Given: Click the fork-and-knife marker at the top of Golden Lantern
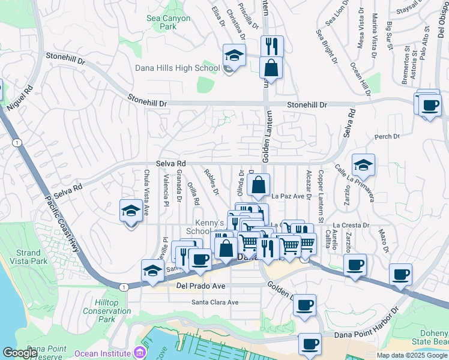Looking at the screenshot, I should pyautogui.click(x=272, y=46).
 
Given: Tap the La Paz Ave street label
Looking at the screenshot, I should pyautogui.click(x=289, y=196).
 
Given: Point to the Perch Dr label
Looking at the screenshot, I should pyautogui.click(x=387, y=137).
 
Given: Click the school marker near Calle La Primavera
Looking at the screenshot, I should pyautogui.click(x=363, y=164).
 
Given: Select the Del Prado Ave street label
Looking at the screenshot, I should pyautogui.click(x=200, y=286).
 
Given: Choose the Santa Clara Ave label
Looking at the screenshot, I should pyautogui.click(x=215, y=302).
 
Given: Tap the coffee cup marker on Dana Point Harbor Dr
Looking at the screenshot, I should pyautogui.click(x=310, y=344).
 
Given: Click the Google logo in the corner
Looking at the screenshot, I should pyautogui.click(x=20, y=353).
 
